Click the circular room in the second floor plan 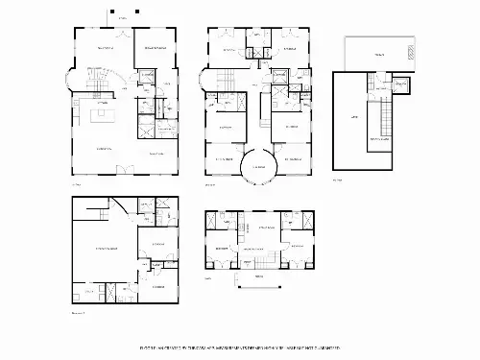[x=258, y=165]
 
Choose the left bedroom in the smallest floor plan [x=222, y=252]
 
